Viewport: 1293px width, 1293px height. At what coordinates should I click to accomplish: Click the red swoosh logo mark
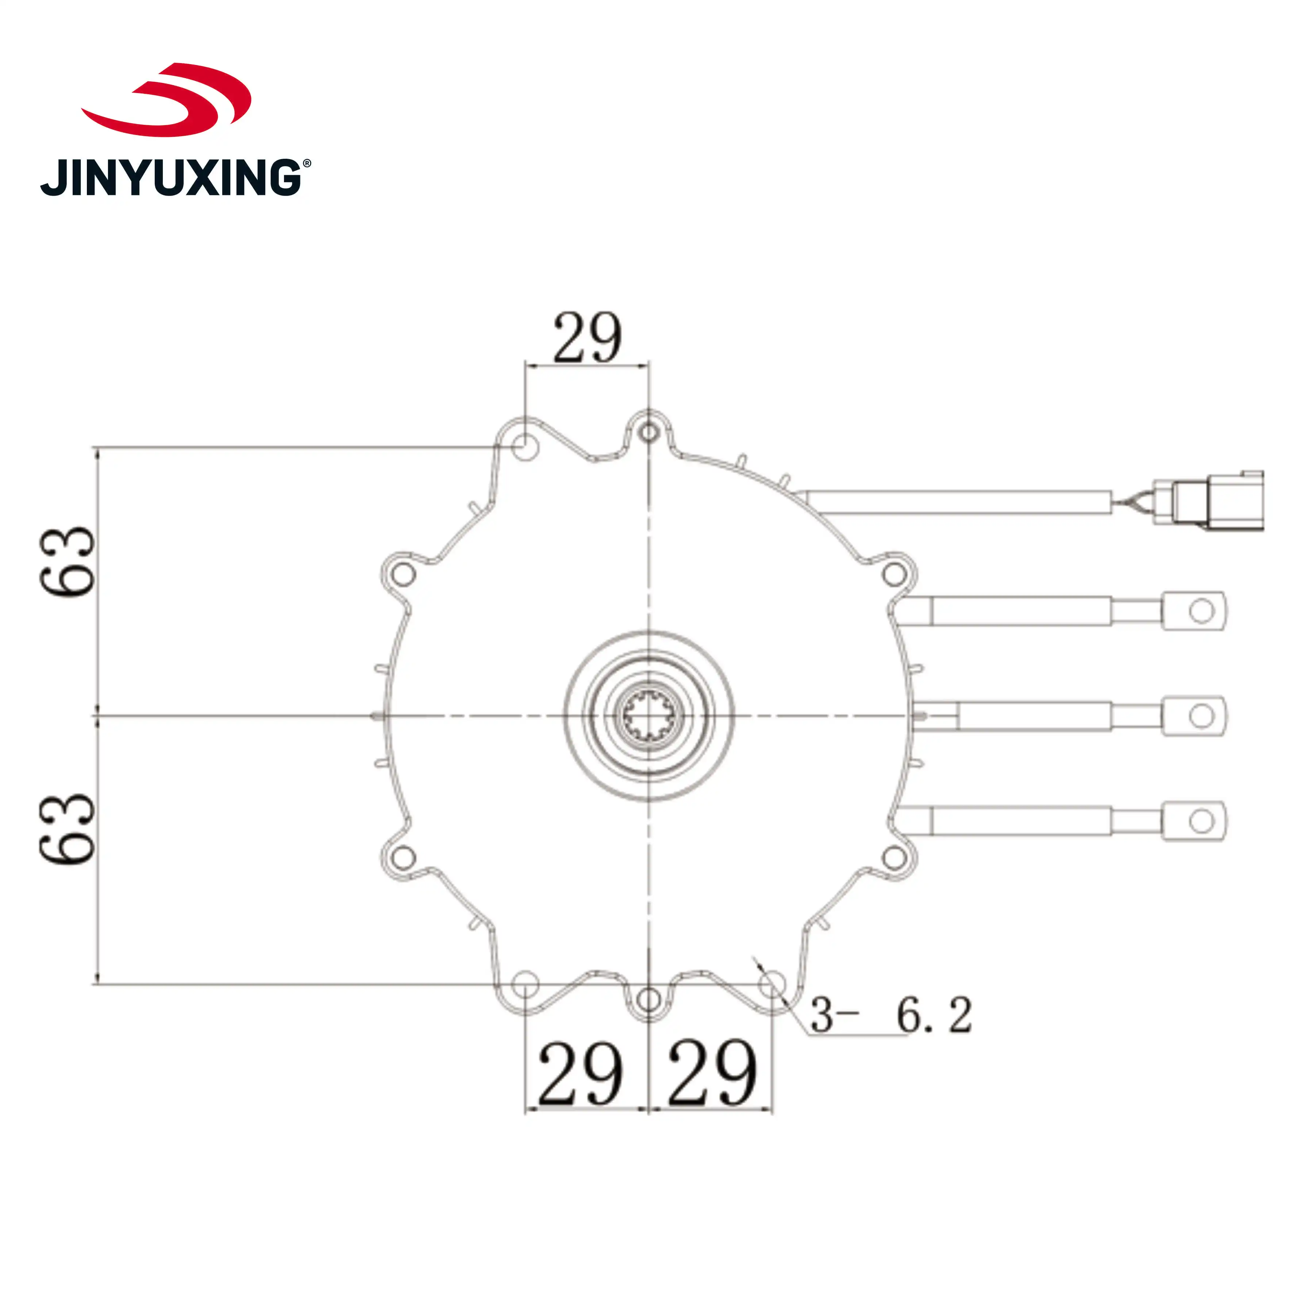167,100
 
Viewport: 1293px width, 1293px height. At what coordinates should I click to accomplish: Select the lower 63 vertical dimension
67,830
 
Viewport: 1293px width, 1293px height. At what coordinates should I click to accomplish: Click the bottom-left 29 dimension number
580,1074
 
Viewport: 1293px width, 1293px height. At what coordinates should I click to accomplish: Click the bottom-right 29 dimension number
712,1074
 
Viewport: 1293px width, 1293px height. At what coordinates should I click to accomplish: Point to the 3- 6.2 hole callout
890,1015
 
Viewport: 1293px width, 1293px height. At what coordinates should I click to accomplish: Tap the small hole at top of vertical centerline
649,432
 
